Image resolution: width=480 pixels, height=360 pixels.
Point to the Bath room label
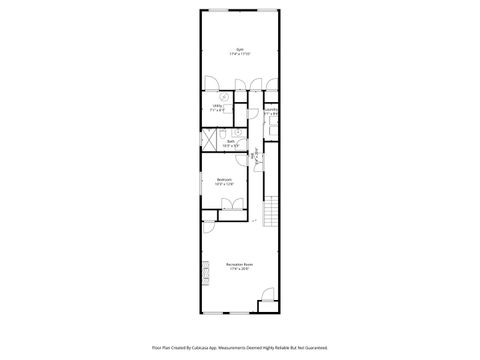pyautogui.click(x=231, y=143)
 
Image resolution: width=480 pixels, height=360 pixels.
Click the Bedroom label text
pyautogui.click(x=224, y=182)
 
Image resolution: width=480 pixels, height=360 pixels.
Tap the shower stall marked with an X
pyautogui.click(x=211, y=140)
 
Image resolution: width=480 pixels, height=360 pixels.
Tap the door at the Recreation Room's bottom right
pyautogui.click(x=267, y=296)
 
